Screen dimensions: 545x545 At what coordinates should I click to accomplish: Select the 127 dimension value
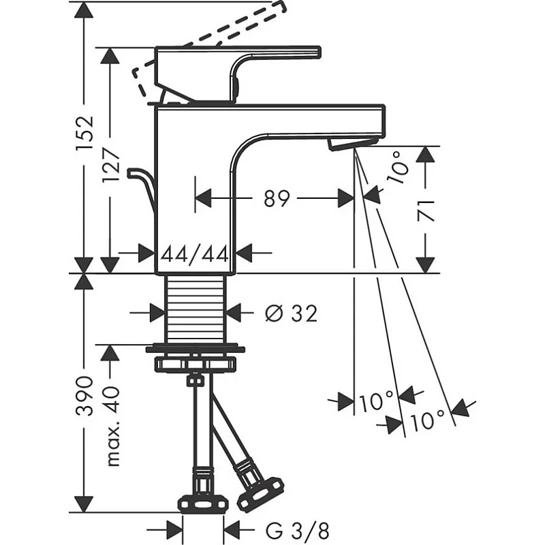[111, 166]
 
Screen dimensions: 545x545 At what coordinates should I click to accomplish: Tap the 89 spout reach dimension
[277, 199]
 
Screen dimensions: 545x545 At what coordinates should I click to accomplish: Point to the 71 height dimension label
[426, 211]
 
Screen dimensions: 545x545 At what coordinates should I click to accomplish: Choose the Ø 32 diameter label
[292, 313]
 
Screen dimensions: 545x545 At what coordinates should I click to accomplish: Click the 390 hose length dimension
[85, 396]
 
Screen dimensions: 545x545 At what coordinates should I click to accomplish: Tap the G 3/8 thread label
[297, 531]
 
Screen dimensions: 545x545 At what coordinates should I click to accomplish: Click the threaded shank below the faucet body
[196, 309]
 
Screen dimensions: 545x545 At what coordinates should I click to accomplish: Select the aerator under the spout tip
[353, 144]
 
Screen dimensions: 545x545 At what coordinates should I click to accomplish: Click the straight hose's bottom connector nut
[204, 503]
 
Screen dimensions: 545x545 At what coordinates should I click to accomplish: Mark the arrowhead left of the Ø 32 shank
[157, 313]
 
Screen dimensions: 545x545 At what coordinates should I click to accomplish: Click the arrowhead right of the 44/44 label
[244, 253]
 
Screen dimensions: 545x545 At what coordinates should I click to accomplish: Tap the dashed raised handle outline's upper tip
[282, 5]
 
